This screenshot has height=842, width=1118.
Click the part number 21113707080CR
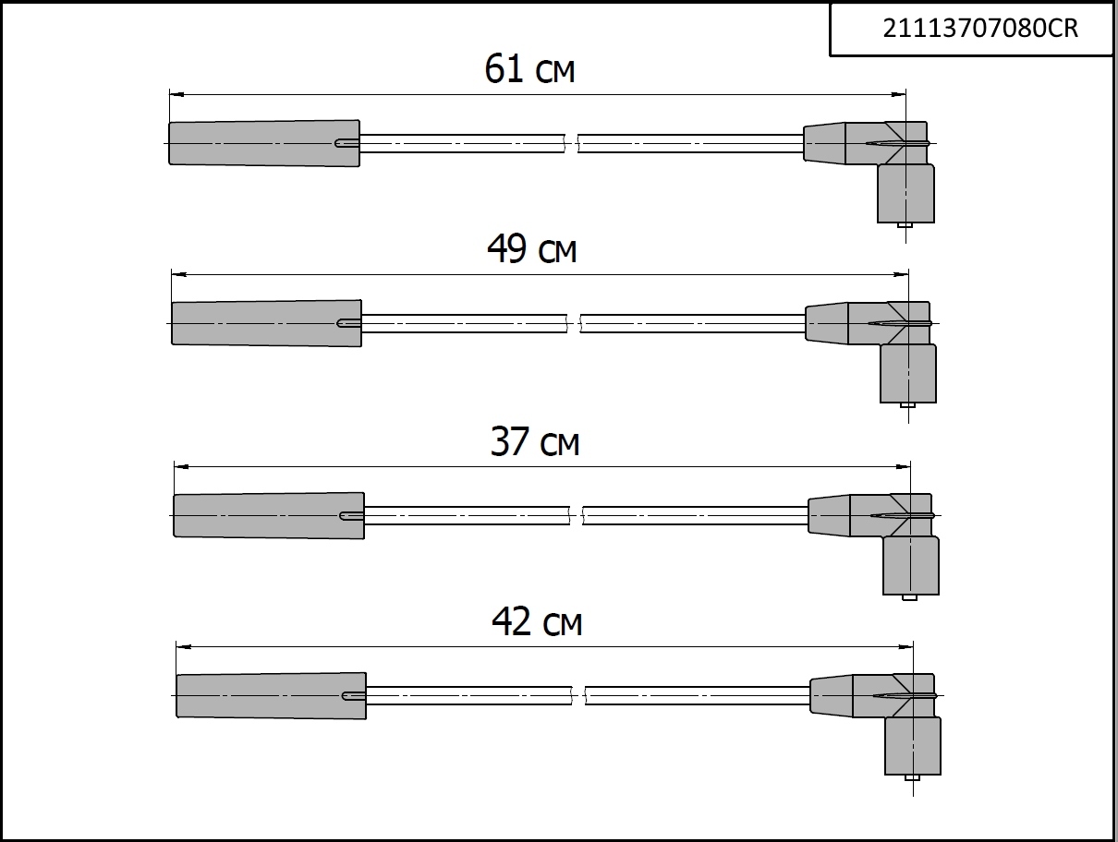coord(980,29)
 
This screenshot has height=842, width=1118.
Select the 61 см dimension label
coord(529,69)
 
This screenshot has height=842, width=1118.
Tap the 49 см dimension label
coord(532,249)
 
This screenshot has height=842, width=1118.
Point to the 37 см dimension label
coord(535,441)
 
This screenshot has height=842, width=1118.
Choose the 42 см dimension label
coord(537,621)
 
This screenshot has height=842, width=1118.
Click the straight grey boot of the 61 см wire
coord(264,143)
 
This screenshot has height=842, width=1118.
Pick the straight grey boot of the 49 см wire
coord(266,323)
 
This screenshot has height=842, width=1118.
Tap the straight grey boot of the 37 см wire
coord(269,515)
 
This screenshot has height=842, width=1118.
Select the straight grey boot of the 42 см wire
coord(271,695)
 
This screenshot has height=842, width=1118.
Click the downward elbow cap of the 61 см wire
coord(905,193)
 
